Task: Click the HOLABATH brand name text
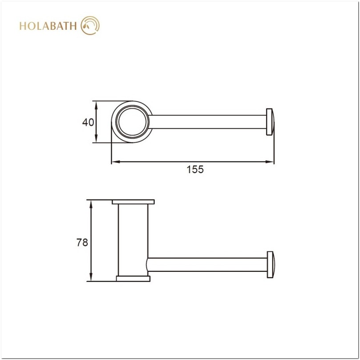pos(48,26)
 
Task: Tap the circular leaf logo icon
pos(90,25)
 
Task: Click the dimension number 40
pos(88,122)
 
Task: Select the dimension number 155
pos(195,170)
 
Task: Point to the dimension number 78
pos(82,242)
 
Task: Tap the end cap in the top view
pos(270,121)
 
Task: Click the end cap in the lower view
pos(271,265)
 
